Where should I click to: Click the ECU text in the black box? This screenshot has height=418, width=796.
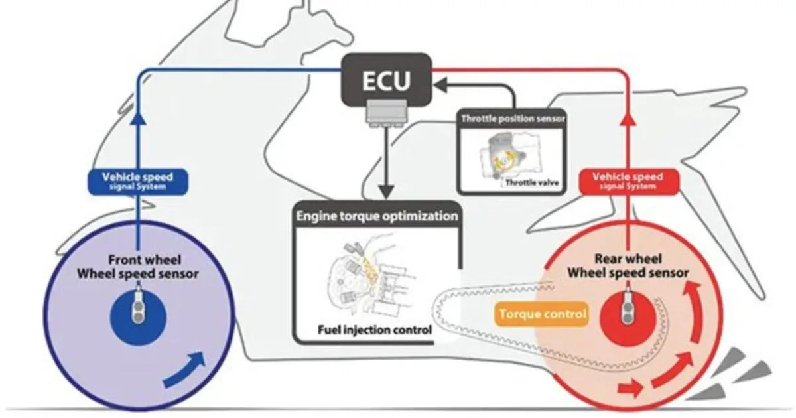click(386, 81)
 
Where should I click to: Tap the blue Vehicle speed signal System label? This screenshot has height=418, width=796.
click(138, 182)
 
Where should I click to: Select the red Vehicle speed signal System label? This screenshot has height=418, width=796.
click(628, 182)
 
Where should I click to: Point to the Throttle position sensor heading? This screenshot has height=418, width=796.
click(512, 119)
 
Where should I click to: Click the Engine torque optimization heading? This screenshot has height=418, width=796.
click(377, 216)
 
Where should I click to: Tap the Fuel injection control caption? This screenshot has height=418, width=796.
click(375, 330)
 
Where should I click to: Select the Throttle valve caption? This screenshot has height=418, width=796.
click(532, 182)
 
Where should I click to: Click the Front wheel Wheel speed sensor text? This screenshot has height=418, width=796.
click(138, 267)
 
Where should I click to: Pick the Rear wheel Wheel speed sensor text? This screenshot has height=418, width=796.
click(628, 266)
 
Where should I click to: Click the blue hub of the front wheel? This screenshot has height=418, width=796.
click(138, 317)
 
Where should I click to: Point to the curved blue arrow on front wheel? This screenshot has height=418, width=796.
click(186, 370)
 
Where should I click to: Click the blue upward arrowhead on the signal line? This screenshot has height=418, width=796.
click(138, 118)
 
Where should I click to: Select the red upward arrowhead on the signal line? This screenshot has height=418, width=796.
click(628, 118)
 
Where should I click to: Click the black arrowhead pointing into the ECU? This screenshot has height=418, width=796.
click(440, 86)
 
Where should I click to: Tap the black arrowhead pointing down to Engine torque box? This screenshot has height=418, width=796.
click(387, 192)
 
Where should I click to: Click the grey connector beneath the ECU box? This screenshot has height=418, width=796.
click(387, 113)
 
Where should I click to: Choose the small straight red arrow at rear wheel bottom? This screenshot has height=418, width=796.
click(630, 387)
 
